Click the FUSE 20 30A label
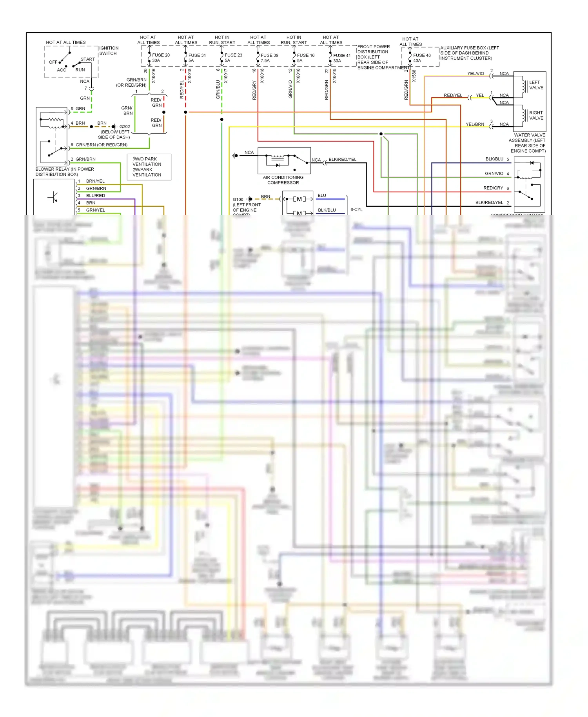[161, 58]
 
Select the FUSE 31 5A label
[197, 58]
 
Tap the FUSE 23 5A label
[233, 58]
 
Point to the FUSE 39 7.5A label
[269, 58]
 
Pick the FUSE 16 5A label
[305, 58]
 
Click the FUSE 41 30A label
[341, 58]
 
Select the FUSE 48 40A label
[421, 58]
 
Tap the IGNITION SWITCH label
[109, 51]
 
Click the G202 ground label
[125, 127]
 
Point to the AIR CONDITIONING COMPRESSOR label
[283, 180]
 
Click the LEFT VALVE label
[536, 85]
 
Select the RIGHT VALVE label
[536, 115]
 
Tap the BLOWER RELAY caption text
[64, 172]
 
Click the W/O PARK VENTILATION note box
[149, 167]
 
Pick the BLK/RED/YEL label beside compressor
[342, 159]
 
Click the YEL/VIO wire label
[475, 73]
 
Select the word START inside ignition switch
[87, 59]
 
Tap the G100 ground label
[238, 200]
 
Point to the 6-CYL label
[356, 209]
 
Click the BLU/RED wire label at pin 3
[95, 195]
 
